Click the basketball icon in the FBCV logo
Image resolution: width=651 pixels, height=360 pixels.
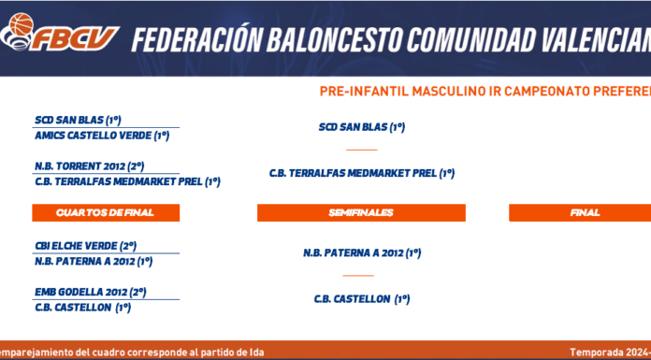[x=21, y=24]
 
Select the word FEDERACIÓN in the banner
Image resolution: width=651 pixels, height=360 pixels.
[x=196, y=39]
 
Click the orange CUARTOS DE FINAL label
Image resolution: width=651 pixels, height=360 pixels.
[x=106, y=212]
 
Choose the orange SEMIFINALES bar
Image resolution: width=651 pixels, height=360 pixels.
[x=361, y=212]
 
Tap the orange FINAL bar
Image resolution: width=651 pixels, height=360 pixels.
[x=580, y=212]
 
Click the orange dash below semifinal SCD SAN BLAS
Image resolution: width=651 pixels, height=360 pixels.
[x=362, y=150]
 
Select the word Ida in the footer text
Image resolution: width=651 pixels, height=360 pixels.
[x=256, y=353]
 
